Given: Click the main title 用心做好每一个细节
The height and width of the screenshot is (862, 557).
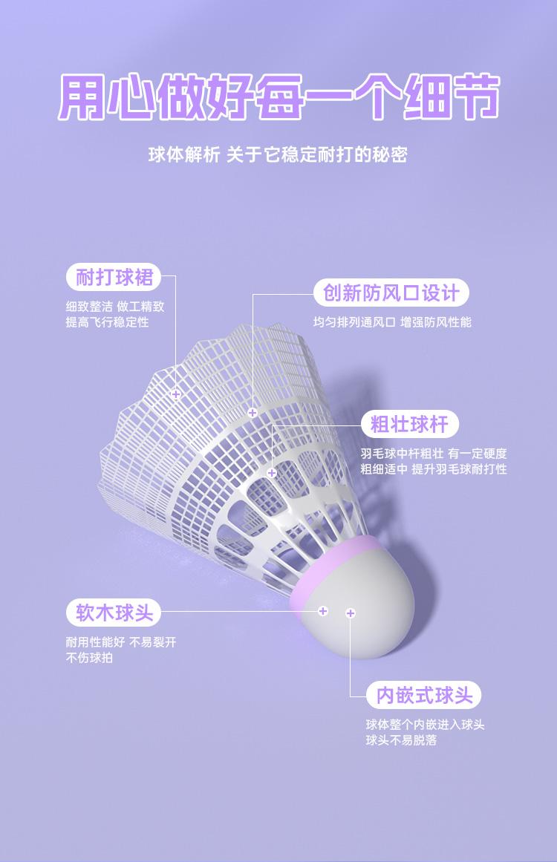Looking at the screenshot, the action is pyautogui.click(x=278, y=97).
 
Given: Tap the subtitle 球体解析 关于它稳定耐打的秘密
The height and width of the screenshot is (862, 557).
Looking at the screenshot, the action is pyautogui.click(x=278, y=155).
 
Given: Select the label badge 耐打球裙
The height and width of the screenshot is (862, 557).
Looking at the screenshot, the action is pyautogui.click(x=114, y=278).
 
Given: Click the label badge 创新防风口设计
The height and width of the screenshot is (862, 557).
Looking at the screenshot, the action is pyautogui.click(x=391, y=293).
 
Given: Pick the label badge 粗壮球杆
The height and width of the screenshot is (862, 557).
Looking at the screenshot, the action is pyautogui.click(x=409, y=425).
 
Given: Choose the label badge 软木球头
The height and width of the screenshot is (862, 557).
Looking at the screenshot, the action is pyautogui.click(x=114, y=613).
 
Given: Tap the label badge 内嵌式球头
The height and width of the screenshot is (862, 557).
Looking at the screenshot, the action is pyautogui.click(x=424, y=696).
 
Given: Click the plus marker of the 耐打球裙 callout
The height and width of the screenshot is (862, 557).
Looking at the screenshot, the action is pyautogui.click(x=176, y=394).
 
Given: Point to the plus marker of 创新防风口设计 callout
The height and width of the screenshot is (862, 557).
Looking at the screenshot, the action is pyautogui.click(x=253, y=412).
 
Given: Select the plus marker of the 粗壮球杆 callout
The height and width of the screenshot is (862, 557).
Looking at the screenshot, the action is pyautogui.click(x=272, y=473).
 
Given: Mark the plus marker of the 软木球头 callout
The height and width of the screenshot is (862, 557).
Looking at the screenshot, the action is pyautogui.click(x=323, y=611).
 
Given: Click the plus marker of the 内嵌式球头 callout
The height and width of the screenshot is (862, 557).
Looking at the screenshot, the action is pyautogui.click(x=351, y=613).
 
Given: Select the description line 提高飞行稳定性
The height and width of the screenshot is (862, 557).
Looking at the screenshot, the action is pyautogui.click(x=107, y=322).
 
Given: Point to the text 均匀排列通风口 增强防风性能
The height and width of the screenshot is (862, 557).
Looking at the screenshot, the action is pyautogui.click(x=392, y=322).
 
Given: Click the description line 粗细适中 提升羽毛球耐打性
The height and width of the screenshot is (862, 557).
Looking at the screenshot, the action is pyautogui.click(x=434, y=469).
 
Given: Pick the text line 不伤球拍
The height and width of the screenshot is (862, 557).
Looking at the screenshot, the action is pyautogui.click(x=89, y=658).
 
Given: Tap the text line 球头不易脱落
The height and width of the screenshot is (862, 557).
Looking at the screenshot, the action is pyautogui.click(x=401, y=740).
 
